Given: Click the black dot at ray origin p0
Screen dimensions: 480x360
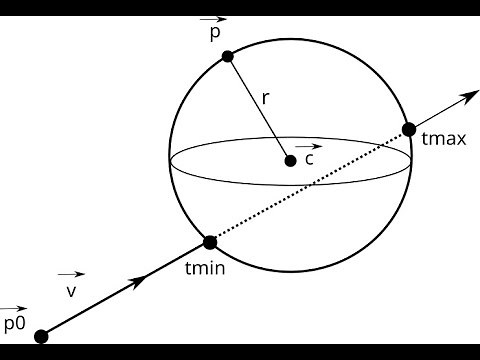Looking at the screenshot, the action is pyautogui.click(x=41, y=336).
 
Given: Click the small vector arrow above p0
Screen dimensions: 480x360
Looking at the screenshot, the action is pyautogui.click(x=13, y=308).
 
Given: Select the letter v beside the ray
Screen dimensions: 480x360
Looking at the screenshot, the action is pyautogui.click(x=70, y=291).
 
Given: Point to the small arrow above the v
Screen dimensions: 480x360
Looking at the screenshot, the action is pyautogui.click(x=70, y=274).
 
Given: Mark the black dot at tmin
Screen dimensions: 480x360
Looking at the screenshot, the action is pyautogui.click(x=210, y=242).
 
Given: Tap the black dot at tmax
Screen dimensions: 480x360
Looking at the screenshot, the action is pyautogui.click(x=409, y=129).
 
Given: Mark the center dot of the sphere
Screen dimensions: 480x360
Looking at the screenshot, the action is pyautogui.click(x=290, y=160).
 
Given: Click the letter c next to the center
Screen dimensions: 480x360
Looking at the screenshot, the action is pyautogui.click(x=309, y=159).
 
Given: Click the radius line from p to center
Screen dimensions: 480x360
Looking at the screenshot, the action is pyautogui.click(x=257, y=106).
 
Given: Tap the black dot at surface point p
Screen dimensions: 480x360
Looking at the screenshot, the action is pyautogui.click(x=227, y=56).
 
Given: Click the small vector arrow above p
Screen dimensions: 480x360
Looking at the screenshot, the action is pyautogui.click(x=213, y=19).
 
